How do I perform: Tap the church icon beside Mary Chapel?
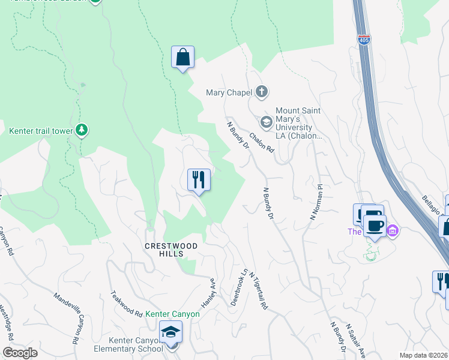tap(261, 92)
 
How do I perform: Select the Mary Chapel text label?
tap(228, 92)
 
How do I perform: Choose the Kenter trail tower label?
tap(40, 130)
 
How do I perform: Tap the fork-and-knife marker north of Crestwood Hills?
tap(199, 179)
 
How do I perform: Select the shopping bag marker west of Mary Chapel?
tap(182, 58)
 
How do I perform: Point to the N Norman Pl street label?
tap(316, 202)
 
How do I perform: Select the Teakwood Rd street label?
tap(126, 304)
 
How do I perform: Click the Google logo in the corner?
tap(20, 353)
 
